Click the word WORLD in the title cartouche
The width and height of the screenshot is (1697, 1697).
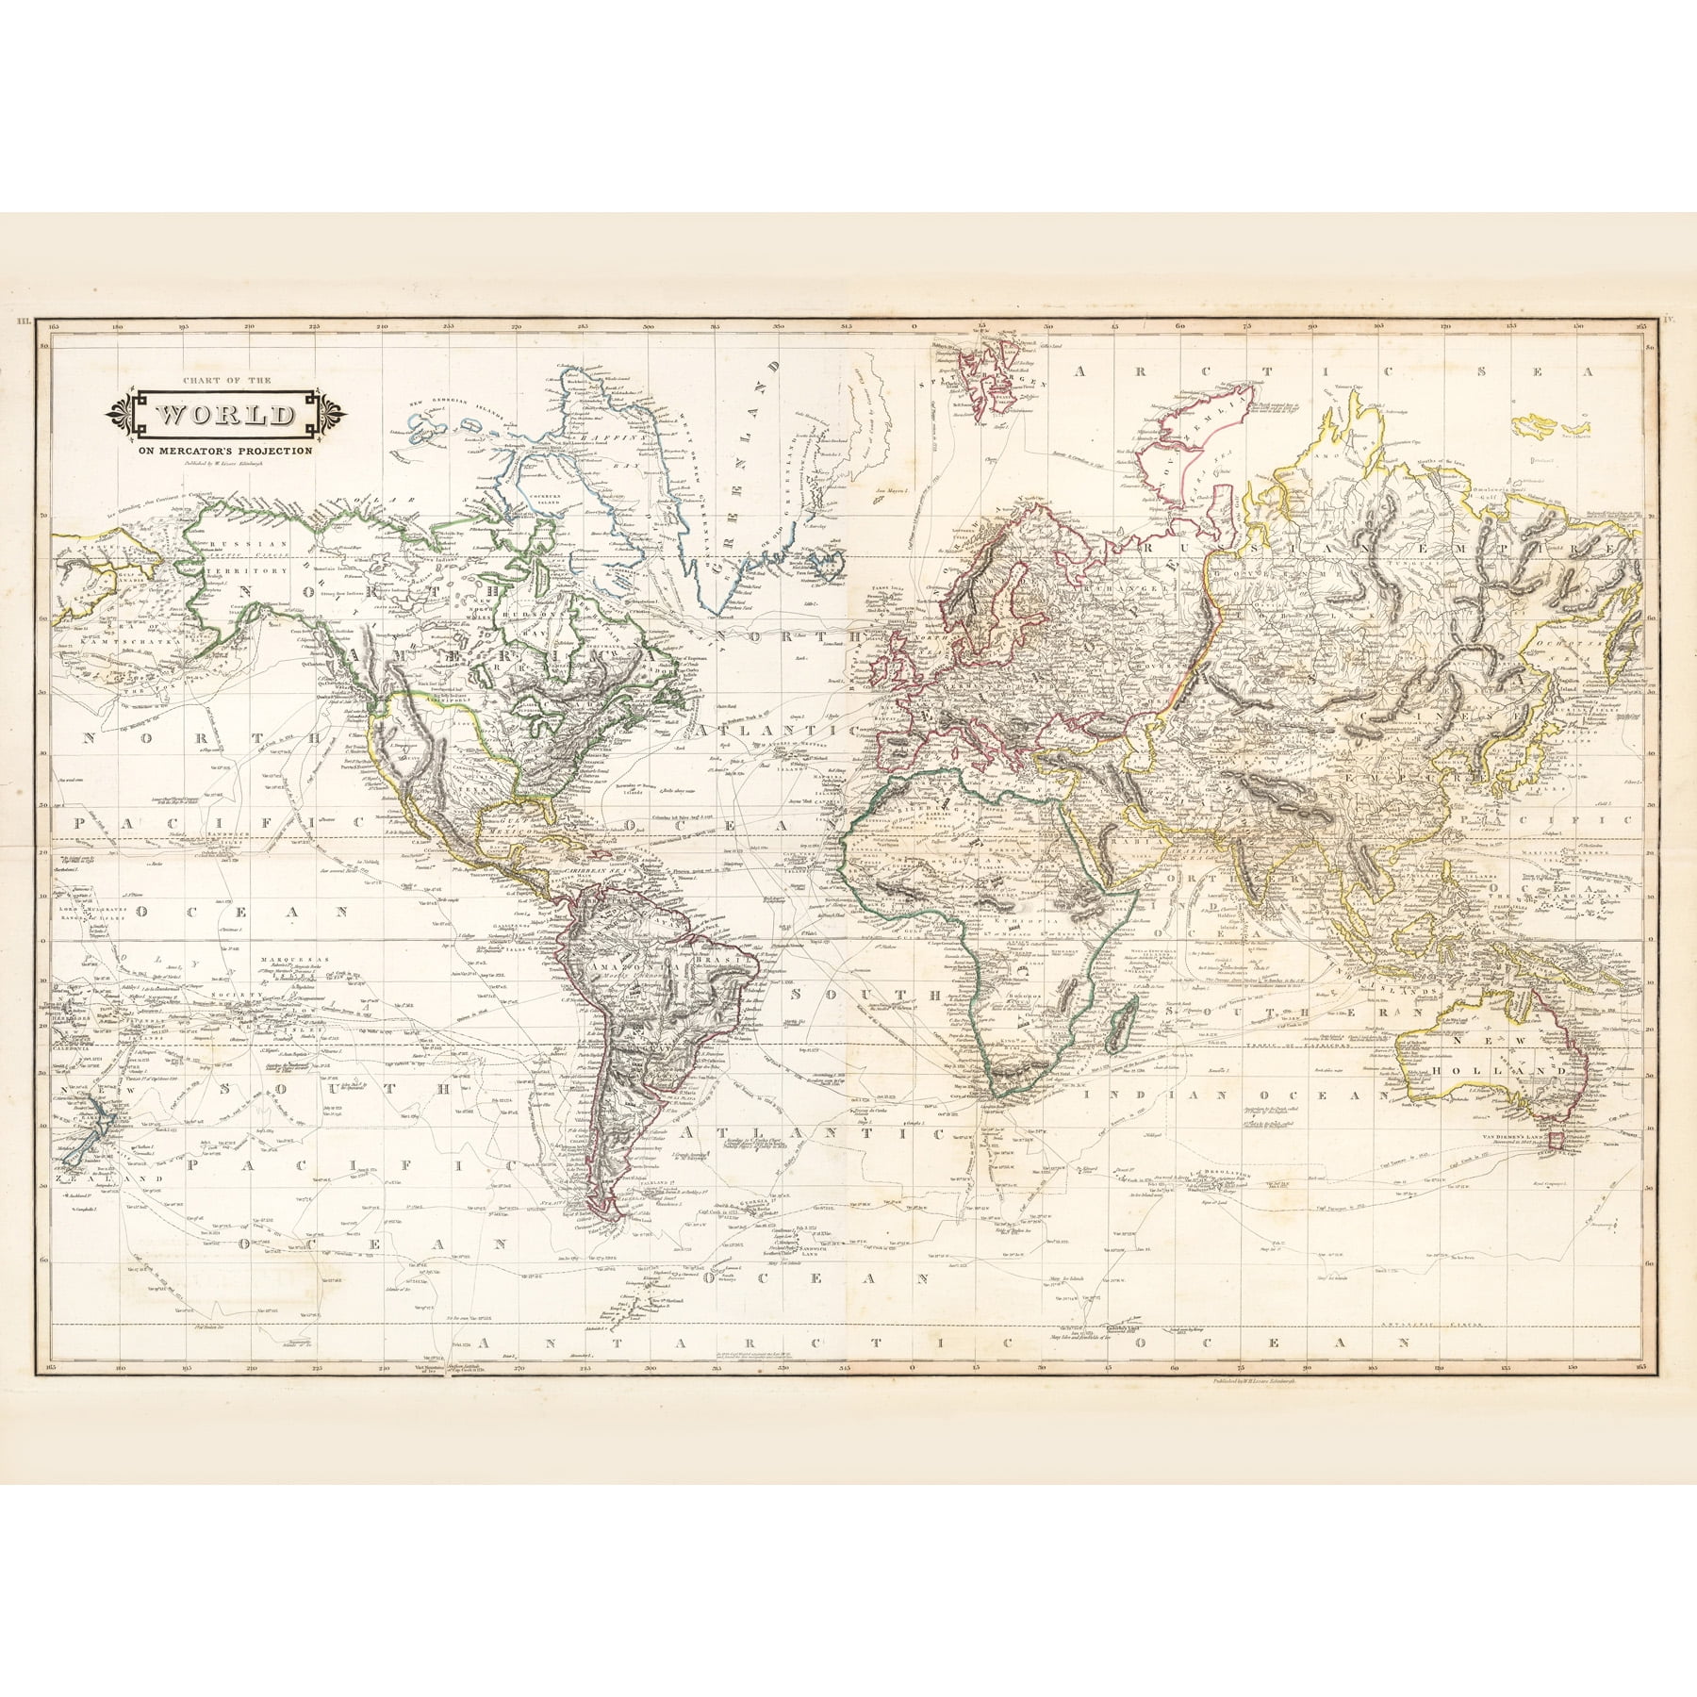click(x=224, y=416)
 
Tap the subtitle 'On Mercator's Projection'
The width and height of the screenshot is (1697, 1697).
click(x=223, y=451)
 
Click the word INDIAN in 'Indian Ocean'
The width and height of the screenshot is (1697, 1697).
click(x=1182, y=1096)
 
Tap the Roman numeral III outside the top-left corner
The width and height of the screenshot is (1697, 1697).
click(x=21, y=322)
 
